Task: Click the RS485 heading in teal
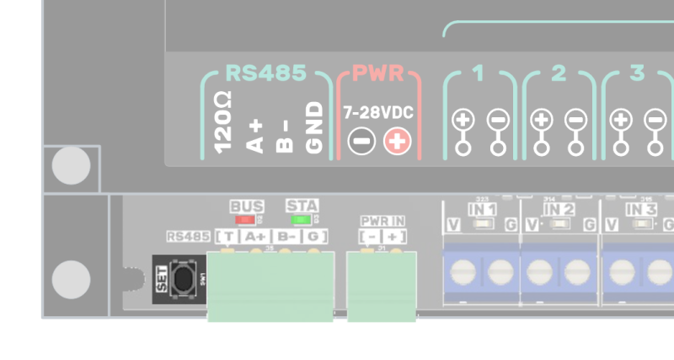[265, 73]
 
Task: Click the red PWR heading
[378, 73]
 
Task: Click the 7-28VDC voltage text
[378, 112]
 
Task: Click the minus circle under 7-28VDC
[361, 141]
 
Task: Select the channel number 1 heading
[479, 74]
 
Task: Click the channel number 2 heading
[559, 74]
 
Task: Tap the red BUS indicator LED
[246, 219]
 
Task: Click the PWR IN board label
[382, 221]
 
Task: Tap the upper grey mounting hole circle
[71, 166]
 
